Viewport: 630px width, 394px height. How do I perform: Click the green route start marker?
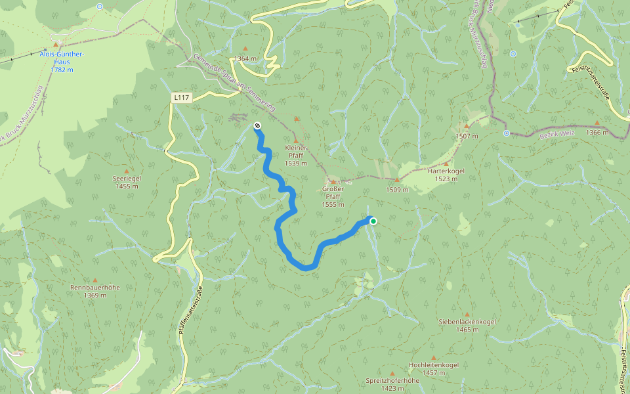pyautogui.click(x=373, y=221)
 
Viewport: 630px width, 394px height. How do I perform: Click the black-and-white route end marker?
pyautogui.click(x=257, y=125)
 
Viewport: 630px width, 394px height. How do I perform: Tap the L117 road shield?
pyautogui.click(x=182, y=98)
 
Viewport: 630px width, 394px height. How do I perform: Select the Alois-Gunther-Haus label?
pyautogui.click(x=56, y=59)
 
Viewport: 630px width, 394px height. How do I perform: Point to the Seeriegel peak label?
pyautogui.click(x=127, y=182)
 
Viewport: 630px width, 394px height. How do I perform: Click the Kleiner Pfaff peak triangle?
pyautogui.click(x=296, y=141)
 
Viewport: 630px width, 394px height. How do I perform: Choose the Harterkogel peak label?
pyautogui.click(x=446, y=174)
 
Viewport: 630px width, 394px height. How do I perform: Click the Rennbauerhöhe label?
pyautogui.click(x=94, y=291)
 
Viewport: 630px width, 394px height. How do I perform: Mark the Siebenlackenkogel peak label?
pyautogui.click(x=467, y=325)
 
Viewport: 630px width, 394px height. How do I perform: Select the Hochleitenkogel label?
pyautogui.click(x=433, y=368)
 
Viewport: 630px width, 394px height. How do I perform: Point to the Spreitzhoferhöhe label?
pyautogui.click(x=392, y=383)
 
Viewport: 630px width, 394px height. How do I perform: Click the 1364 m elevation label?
pyautogui.click(x=245, y=58)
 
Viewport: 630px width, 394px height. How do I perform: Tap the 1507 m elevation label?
pyautogui.click(x=467, y=136)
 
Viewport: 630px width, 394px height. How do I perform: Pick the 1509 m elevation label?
pyautogui.click(x=397, y=190)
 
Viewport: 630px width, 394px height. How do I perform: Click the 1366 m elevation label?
pyautogui.click(x=597, y=133)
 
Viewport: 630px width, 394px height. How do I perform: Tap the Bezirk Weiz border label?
pyautogui.click(x=539, y=133)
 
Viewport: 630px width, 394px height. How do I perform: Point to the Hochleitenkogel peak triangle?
pyautogui.click(x=433, y=358)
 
